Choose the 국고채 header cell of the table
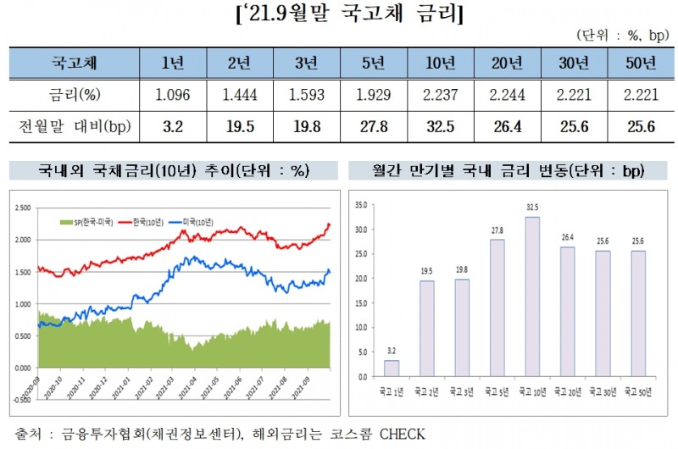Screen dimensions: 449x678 click(66, 62)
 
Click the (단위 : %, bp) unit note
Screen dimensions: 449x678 click(625, 35)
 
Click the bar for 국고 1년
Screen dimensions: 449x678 click(391, 368)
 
